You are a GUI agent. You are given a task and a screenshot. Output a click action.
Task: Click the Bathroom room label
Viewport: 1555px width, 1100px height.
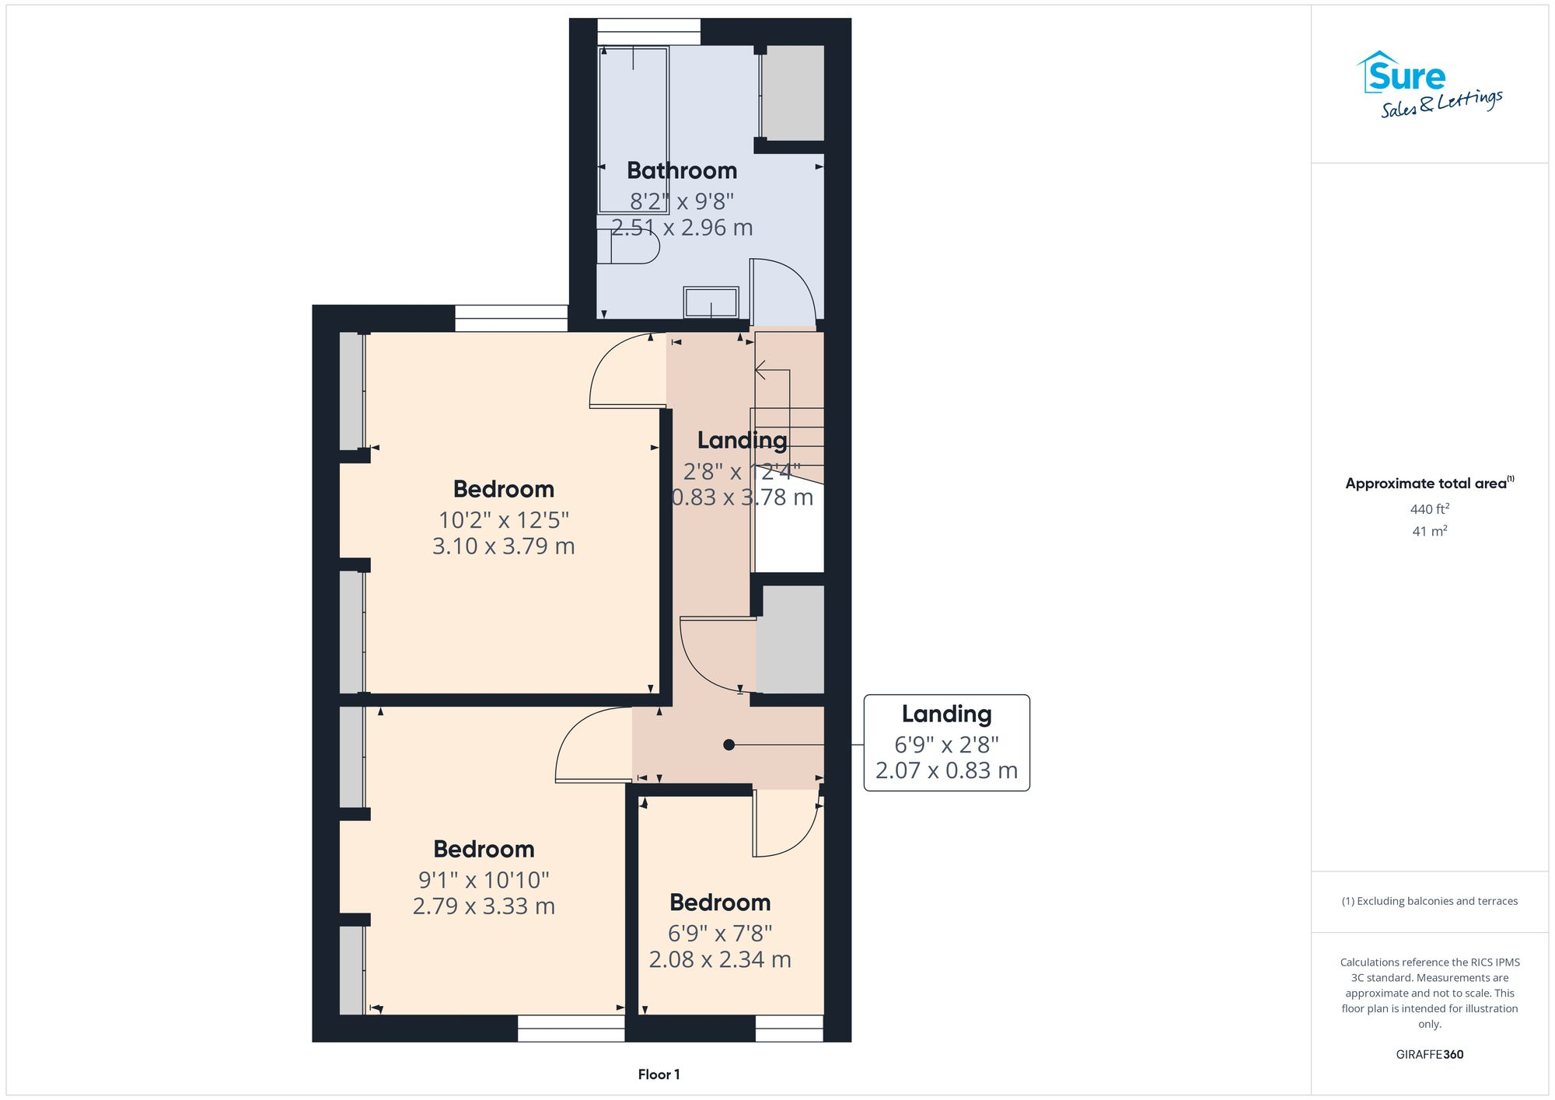point(682,170)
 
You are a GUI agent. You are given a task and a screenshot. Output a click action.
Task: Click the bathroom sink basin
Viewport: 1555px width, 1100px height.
point(711,302)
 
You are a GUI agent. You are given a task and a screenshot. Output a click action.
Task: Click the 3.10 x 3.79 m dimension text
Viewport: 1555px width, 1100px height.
point(503,546)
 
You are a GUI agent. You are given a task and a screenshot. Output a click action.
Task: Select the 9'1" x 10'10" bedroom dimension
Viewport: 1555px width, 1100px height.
point(484,880)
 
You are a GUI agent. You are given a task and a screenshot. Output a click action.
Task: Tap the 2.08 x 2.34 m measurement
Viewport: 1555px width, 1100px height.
point(720,959)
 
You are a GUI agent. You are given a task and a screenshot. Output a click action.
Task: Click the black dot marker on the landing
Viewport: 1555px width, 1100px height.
point(729,745)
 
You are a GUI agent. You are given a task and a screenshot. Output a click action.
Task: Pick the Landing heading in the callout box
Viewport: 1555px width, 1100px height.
point(946,714)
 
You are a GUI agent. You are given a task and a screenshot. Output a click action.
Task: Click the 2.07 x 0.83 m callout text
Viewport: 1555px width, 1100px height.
point(946,770)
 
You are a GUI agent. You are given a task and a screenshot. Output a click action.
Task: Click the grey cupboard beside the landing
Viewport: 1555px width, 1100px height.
point(790,639)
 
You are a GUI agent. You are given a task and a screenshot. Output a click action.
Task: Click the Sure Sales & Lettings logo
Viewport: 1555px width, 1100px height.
point(1429,84)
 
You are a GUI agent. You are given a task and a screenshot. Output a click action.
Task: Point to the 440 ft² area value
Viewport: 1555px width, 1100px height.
point(1429,509)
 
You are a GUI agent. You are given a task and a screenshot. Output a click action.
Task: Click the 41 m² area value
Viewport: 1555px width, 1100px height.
point(1429,532)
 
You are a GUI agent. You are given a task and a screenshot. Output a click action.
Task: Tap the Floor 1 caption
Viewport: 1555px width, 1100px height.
point(659,1074)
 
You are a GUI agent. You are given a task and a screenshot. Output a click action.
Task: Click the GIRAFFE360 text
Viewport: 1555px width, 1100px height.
point(1429,1055)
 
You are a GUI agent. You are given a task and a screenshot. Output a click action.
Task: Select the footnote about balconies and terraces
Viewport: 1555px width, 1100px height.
point(1429,901)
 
